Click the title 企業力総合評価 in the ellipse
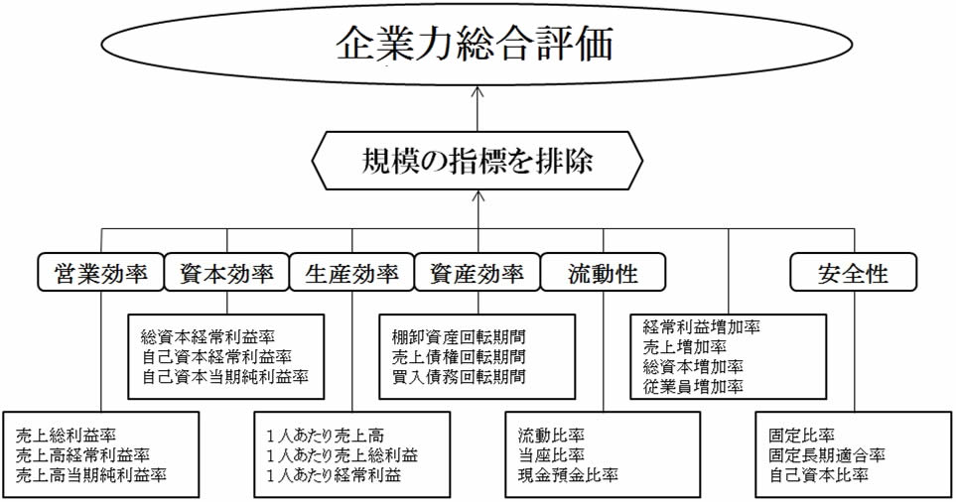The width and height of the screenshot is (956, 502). [x=475, y=44]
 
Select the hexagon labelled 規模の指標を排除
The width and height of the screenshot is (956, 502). [x=478, y=161]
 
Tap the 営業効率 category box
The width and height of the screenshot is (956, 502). [x=101, y=272]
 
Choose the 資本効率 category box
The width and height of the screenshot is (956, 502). [x=226, y=272]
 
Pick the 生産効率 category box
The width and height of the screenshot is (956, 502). [x=351, y=272]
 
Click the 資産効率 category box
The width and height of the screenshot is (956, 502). [x=478, y=272]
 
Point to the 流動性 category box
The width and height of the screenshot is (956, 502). [x=603, y=272]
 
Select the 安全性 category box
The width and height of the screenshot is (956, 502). [x=854, y=272]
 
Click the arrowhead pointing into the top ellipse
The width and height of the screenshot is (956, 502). [x=478, y=91]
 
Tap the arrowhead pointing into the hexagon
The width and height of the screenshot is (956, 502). [x=478, y=195]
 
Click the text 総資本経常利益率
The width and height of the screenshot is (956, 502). [x=207, y=337]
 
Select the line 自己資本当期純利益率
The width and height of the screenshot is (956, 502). [x=225, y=376]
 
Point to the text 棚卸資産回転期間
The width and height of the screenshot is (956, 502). [x=459, y=337]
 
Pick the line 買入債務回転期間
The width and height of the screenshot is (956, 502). [x=459, y=376]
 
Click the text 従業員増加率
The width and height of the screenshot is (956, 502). [x=693, y=386]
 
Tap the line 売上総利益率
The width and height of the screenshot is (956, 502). [x=66, y=435]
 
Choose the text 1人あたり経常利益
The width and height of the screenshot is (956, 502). [x=334, y=474]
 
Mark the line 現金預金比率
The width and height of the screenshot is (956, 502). [x=568, y=474]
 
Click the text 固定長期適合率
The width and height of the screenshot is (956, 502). [x=827, y=455]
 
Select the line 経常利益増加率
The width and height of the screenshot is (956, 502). [x=702, y=327]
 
